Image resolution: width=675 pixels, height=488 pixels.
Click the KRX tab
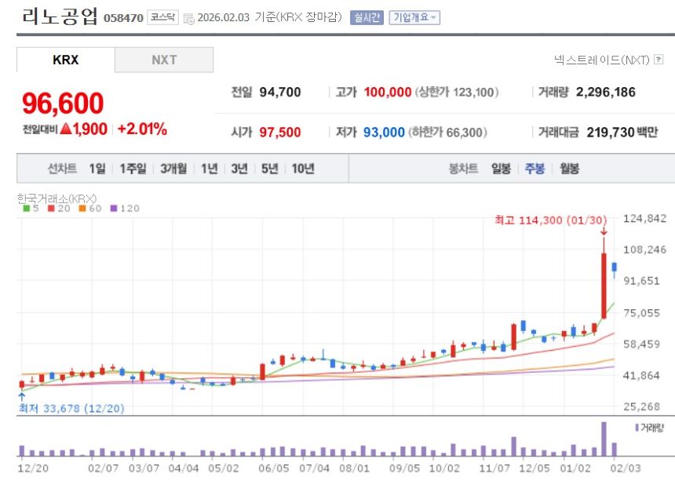click(66, 60)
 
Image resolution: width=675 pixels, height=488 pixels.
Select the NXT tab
click(164, 60)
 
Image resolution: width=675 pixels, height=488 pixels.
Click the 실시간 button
click(367, 17)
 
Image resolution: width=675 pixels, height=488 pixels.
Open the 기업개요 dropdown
click(414, 17)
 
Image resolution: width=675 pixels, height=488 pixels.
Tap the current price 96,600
click(63, 104)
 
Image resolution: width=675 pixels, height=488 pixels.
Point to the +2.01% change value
click(142, 129)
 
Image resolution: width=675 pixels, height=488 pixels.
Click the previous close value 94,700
click(280, 92)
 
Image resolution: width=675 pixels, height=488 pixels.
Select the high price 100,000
click(388, 92)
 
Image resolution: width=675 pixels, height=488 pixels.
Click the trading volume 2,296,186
click(606, 92)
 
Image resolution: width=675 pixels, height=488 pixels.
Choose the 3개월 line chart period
click(173, 169)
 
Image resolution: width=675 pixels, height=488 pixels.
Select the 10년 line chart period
click(303, 169)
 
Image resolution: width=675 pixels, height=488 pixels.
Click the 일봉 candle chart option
click(501, 169)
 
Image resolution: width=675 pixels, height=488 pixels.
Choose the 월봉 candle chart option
click(569, 169)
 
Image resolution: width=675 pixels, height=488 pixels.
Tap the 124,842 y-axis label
click(644, 218)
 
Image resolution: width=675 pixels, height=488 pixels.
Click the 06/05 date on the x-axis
click(274, 468)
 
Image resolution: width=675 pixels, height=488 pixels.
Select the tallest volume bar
click(604, 439)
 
